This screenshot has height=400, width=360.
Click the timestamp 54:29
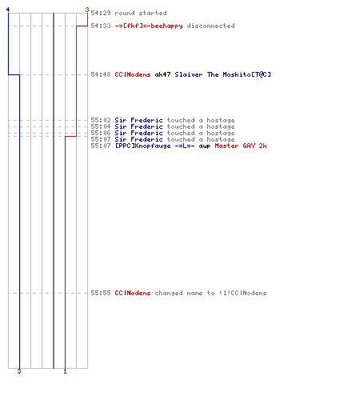[101, 13]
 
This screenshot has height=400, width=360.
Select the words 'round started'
[141, 13]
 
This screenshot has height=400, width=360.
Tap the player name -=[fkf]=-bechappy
[149, 26]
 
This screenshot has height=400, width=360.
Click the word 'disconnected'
[210, 26]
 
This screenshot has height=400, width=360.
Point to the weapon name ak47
[162, 74]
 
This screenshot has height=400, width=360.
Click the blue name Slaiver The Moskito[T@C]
[222, 74]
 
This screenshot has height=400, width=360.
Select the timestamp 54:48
[101, 74]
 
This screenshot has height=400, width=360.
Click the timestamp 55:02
[101, 120]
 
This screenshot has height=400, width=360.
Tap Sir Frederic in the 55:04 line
[138, 126]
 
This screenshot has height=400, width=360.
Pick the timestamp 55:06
[101, 133]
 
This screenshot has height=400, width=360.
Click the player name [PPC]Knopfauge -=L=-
[154, 146]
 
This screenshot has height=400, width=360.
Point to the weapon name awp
[205, 146]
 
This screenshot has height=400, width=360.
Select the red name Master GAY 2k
[241, 146]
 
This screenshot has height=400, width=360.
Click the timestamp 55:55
[101, 293]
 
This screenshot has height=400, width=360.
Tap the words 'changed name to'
[185, 293]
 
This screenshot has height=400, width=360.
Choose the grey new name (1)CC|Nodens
[242, 293]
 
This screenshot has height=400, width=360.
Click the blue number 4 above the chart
[8, 10]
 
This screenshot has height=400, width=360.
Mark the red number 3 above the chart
[87, 10]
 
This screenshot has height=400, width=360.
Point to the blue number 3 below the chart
[19, 371]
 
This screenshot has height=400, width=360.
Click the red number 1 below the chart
[65, 371]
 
